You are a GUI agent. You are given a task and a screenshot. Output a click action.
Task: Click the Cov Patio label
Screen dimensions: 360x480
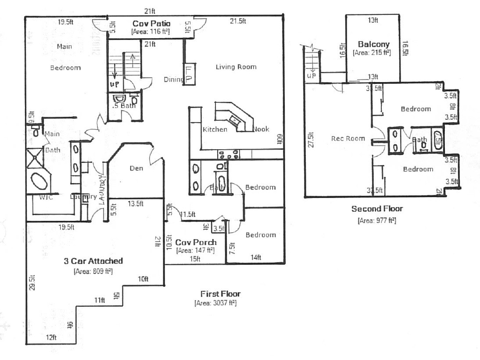(151, 23)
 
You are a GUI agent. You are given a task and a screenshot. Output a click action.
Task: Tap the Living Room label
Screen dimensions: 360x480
(236, 67)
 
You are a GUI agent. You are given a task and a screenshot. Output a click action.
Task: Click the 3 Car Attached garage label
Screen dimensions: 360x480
(93, 261)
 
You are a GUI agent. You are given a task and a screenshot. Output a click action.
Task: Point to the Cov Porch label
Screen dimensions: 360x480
(196, 242)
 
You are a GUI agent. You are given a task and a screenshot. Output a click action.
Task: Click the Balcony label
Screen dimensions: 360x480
(373, 44)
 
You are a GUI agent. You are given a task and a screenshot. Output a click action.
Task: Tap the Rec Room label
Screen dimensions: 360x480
(347, 138)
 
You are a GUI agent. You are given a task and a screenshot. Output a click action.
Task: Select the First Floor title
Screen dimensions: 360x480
(220, 294)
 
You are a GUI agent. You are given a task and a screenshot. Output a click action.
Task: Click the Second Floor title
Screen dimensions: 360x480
(377, 209)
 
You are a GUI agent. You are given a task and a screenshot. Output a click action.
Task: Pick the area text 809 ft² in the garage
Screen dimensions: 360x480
(93, 271)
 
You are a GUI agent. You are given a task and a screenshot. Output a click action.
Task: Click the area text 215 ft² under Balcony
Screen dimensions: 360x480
(372, 52)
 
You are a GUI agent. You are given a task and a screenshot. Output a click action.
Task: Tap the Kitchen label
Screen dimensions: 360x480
(215, 129)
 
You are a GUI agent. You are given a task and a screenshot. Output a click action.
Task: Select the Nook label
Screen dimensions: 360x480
(261, 129)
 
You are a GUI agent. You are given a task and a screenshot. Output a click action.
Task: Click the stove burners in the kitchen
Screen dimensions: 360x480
(229, 154)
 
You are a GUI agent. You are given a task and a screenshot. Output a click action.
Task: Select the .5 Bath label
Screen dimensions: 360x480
(124, 106)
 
